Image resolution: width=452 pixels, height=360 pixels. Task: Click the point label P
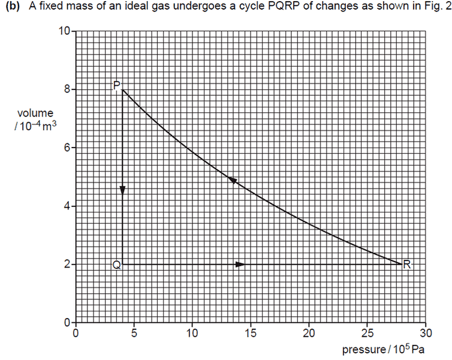tap(116, 85)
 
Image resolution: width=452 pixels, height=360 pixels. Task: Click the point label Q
tap(116, 265)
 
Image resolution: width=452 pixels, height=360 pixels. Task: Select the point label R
tap(408, 264)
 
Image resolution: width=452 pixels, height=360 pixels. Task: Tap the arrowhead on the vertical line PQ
tap(122, 190)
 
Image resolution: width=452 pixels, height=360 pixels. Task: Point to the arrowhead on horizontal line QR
tap(240, 264)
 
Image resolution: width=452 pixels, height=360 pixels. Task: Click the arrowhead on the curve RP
tap(233, 180)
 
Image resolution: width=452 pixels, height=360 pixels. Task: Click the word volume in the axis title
tap(35, 113)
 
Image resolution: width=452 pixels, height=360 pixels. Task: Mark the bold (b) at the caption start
tap(12, 7)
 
